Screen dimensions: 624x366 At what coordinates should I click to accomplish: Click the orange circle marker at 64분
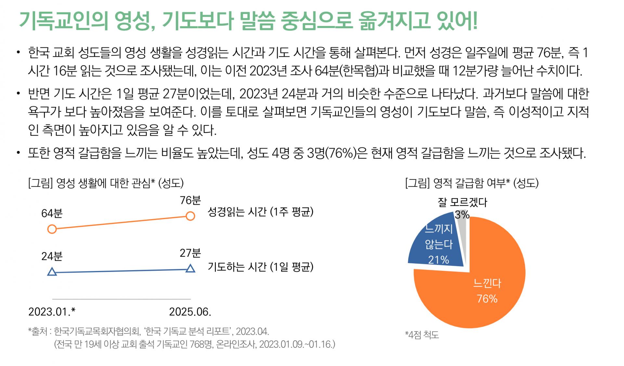52,229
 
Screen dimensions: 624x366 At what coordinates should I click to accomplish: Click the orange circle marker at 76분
190,216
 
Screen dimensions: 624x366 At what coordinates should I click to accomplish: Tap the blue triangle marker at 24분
52,272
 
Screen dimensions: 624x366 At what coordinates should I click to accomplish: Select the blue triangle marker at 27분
190,268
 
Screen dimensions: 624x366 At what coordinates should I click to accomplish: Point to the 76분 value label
191,200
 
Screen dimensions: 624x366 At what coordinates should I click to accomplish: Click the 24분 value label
52,256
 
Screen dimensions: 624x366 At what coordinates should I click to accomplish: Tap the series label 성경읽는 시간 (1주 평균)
260,212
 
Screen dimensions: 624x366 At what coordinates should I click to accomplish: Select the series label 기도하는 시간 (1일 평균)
260,267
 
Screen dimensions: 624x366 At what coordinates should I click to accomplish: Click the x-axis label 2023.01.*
52,312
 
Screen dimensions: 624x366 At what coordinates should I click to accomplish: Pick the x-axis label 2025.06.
190,312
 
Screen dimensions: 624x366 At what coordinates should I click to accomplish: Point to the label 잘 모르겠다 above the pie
462,203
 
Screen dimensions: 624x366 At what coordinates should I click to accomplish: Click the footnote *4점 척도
422,334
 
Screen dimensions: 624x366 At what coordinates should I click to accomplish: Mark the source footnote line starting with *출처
149,332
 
